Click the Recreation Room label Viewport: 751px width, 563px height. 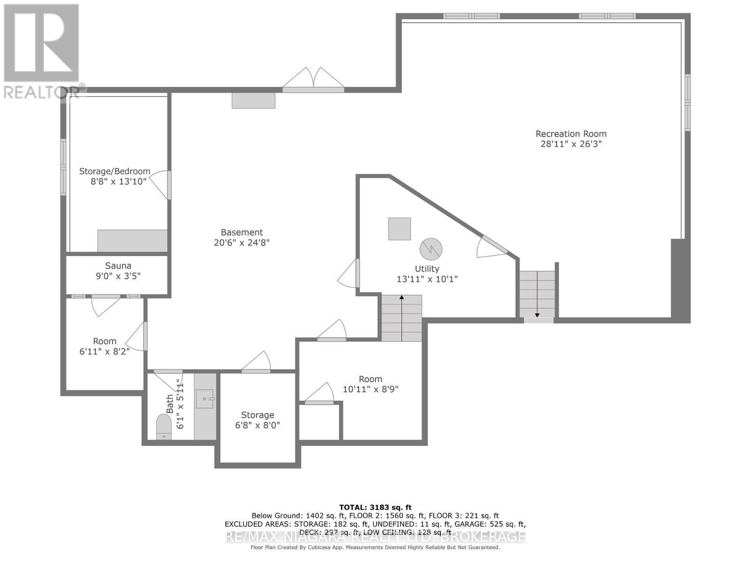571,134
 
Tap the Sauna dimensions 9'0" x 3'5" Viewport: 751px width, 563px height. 118,276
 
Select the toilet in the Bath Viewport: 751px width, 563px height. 164,426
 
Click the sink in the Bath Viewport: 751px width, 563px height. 205,399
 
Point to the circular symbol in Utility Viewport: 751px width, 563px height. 430,249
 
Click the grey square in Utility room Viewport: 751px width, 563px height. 399,229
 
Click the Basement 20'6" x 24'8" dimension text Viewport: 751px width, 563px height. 242,243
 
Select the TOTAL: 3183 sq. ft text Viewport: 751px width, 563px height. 375,507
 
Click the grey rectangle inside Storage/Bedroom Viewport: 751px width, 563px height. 132,241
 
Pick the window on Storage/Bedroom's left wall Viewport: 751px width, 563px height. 63,167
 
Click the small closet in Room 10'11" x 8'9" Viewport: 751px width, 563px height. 319,422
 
